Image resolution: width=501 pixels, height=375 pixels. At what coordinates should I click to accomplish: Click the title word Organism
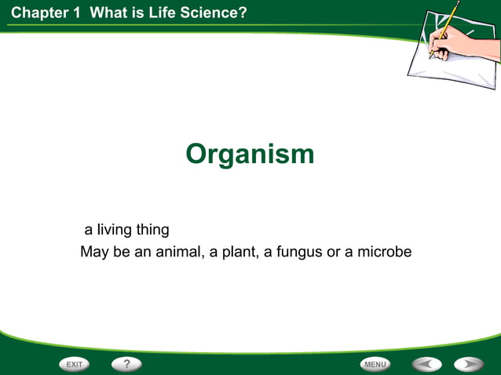(250, 154)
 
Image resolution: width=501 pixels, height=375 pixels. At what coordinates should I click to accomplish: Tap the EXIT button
(75, 364)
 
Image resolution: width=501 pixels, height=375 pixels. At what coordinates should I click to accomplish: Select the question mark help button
(126, 364)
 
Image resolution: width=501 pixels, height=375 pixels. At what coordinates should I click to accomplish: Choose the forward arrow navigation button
(469, 364)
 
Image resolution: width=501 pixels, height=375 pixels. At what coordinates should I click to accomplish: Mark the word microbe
(386, 253)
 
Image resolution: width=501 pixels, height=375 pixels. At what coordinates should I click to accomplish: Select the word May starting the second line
(93, 253)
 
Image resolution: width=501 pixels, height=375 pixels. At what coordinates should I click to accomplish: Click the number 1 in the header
(78, 12)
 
